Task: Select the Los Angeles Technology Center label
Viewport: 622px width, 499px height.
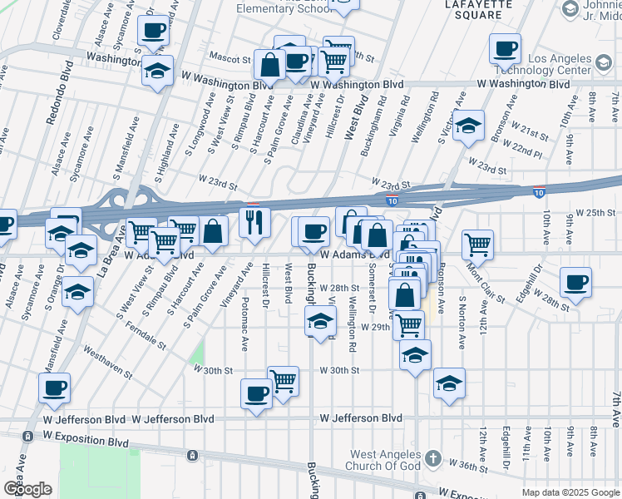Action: [x=571, y=66]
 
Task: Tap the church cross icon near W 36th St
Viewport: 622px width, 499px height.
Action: [x=432, y=458]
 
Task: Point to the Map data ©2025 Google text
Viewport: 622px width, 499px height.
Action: [x=570, y=492]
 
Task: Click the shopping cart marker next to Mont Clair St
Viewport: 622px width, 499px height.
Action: [x=477, y=245]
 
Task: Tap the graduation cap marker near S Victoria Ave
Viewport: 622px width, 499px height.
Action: [x=469, y=126]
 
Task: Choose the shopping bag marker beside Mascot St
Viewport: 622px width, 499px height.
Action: [x=270, y=63]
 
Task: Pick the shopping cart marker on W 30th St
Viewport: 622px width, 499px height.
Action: [x=283, y=381]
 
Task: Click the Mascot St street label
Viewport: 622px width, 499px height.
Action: [x=235, y=60]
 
